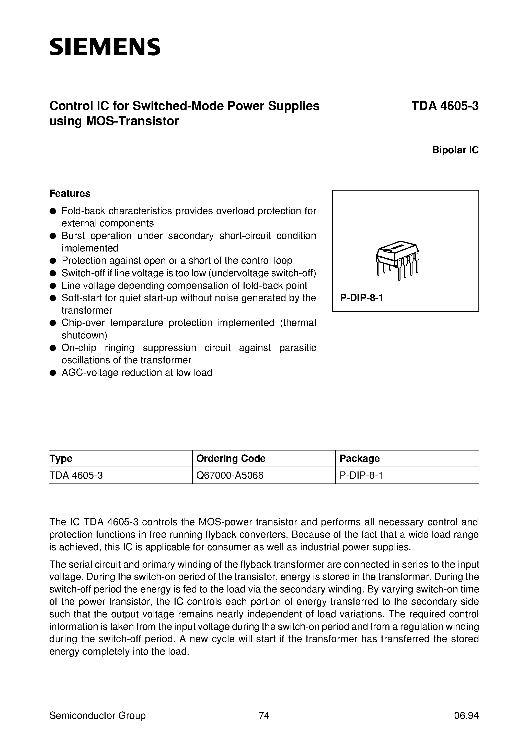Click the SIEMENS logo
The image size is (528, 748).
tap(105, 47)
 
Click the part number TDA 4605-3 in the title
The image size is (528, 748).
tap(445, 106)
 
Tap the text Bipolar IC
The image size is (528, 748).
tap(455, 150)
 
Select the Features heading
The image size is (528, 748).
tap(70, 193)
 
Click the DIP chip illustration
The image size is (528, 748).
tap(397, 260)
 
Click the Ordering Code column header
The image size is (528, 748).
tap(231, 458)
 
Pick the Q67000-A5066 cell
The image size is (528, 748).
tap(230, 476)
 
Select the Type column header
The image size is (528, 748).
tap(61, 458)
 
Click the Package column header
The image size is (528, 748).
tap(359, 458)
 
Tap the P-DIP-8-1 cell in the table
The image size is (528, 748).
tap(361, 476)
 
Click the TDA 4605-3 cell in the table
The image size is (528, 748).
tap(76, 476)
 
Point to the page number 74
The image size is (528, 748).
tap(264, 716)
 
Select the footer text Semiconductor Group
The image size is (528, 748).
tap(97, 716)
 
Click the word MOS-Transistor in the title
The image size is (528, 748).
tap(132, 121)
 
